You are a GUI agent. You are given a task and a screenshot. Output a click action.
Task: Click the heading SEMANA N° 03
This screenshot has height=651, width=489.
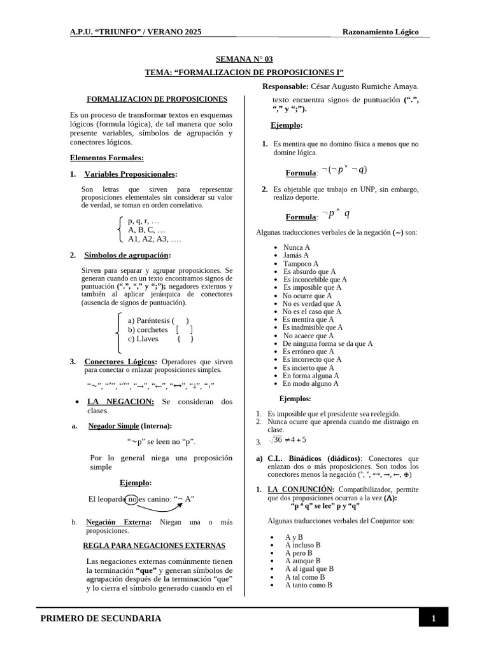coord(244,59)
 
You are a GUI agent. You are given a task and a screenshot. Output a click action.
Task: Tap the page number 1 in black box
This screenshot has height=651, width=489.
coord(433,619)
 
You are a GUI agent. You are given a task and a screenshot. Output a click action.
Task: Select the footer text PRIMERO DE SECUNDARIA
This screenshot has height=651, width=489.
coord(101,619)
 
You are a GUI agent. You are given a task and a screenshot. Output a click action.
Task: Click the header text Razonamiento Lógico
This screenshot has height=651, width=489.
coord(380,32)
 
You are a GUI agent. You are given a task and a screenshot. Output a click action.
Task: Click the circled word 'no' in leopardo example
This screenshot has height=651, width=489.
coord(132,498)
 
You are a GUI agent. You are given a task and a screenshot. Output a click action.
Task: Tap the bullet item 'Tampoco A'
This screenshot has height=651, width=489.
coord(301,263)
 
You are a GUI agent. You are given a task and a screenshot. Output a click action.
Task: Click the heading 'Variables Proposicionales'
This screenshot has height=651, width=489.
coord(131,174)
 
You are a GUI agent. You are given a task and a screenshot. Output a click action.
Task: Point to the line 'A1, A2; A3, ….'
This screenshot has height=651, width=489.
coord(154,239)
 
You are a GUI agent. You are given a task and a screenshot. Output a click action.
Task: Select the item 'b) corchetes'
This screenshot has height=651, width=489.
coord(148,329)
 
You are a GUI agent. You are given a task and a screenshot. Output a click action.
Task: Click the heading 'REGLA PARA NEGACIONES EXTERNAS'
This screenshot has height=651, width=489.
coord(154,545)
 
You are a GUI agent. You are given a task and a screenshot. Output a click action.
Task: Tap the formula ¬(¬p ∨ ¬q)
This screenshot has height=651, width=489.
coord(344,170)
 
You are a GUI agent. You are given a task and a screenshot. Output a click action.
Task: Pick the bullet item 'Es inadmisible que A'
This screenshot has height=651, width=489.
coord(313,327)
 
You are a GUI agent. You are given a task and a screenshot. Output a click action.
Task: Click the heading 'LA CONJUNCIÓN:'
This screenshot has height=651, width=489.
coord(301,490)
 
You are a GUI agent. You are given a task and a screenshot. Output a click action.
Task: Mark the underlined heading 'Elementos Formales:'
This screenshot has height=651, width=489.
coord(106,158)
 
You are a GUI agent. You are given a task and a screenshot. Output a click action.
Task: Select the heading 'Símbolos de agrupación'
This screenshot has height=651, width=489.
coord(127,255)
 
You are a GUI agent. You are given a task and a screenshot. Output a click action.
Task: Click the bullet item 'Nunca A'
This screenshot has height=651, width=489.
coord(297,247)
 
